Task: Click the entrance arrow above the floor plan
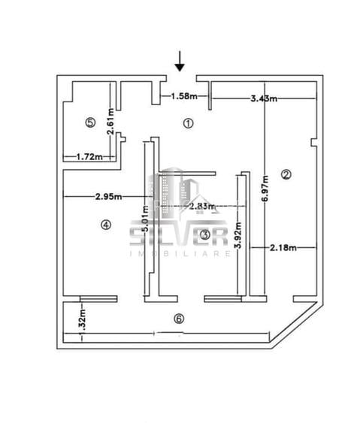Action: [180, 61]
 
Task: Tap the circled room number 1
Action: [188, 122]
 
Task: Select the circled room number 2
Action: [286, 174]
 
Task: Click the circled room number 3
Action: [205, 235]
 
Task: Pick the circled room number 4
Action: [106, 224]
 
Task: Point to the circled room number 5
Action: [90, 122]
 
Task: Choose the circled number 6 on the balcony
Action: [178, 318]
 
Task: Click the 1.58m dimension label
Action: [184, 96]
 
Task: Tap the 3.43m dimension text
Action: [264, 98]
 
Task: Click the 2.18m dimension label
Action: [283, 246]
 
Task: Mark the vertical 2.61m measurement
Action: [110, 121]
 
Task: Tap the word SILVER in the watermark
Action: [179, 237]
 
